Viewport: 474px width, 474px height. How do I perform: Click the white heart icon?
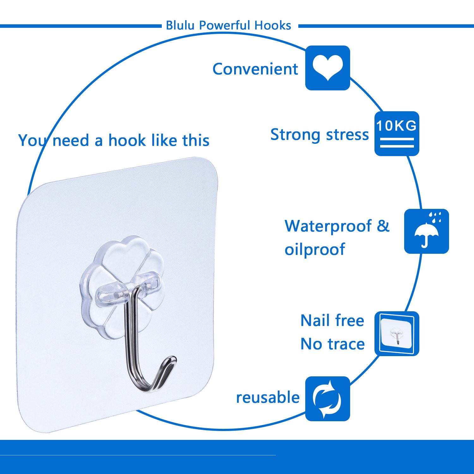[x=327, y=67]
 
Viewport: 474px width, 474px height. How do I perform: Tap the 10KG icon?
[x=397, y=133]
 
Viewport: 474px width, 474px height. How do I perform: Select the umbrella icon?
[x=426, y=234]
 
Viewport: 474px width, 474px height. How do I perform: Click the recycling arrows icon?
[x=327, y=398]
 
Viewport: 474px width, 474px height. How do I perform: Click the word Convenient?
[x=255, y=69]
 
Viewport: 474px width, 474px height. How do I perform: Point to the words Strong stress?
[x=319, y=135]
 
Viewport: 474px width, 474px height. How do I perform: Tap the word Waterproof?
[x=328, y=226]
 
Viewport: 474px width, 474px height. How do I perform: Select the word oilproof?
[x=315, y=249]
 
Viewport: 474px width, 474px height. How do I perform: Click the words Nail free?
[x=332, y=320]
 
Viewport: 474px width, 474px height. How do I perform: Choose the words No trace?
[x=332, y=344]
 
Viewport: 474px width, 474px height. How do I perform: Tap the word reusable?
[x=268, y=397]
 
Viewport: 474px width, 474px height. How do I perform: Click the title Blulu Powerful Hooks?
[x=228, y=25]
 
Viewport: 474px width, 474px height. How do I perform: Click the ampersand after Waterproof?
[x=383, y=226]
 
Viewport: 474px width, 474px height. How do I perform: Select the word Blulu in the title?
[x=180, y=25]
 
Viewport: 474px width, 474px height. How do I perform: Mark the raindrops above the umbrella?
[x=435, y=217]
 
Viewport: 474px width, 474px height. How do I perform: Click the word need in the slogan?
[x=71, y=140]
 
